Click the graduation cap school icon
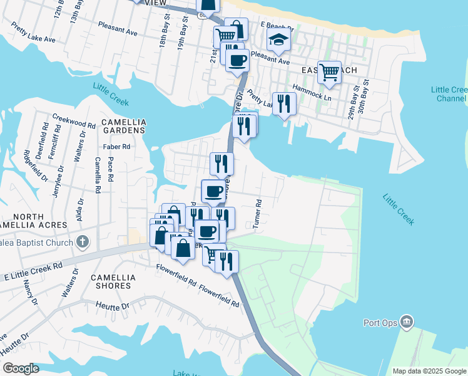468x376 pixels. pyautogui.click(x=278, y=40)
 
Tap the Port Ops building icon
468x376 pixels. pyautogui.click(x=407, y=322)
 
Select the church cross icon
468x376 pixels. pyautogui.click(x=83, y=242)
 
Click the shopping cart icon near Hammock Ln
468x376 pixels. pyautogui.click(x=329, y=72)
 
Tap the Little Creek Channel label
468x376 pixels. pyautogui.click(x=451, y=94)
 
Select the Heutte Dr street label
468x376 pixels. pyautogui.click(x=113, y=306)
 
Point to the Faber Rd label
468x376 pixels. pyautogui.click(x=117, y=147)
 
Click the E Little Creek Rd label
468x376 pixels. pyautogui.click(x=33, y=271)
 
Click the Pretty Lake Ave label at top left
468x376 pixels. pyautogui.click(x=33, y=33)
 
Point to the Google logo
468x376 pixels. pyautogui.click(x=21, y=368)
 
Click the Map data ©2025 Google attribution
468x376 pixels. pyautogui.click(x=429, y=371)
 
